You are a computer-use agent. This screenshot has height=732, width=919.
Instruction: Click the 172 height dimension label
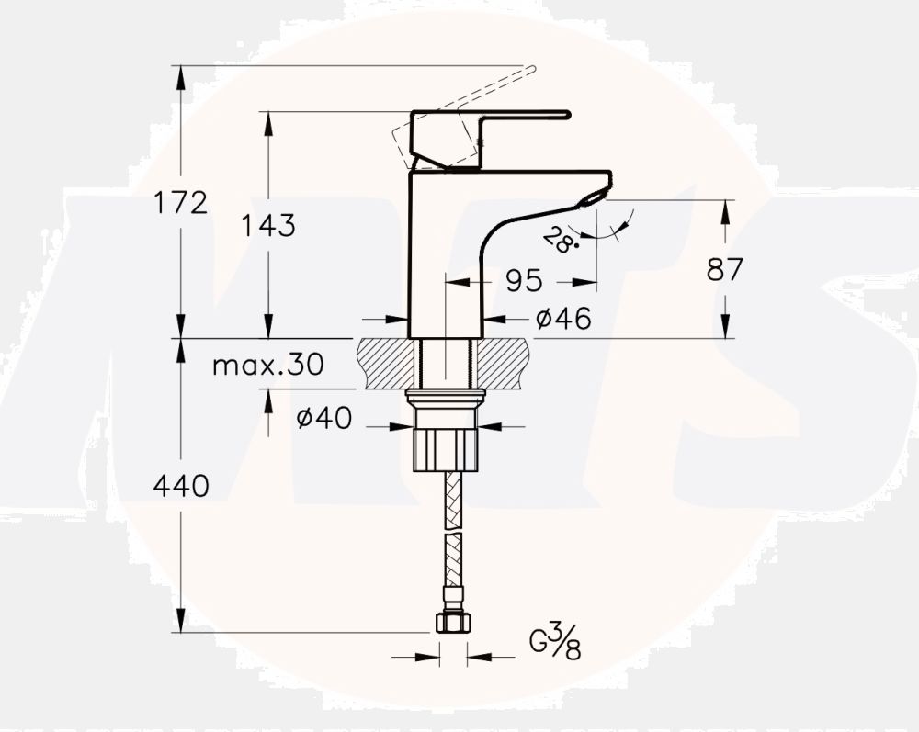(x=182, y=202)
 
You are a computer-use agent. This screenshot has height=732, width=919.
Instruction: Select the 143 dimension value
(x=269, y=224)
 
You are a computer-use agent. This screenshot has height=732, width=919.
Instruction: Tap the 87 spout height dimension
(x=725, y=269)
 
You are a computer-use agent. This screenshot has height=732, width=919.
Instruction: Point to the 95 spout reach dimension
(x=524, y=280)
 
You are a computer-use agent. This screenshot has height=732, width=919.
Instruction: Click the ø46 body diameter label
(x=562, y=319)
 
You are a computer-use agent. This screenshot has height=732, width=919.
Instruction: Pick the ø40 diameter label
(x=323, y=419)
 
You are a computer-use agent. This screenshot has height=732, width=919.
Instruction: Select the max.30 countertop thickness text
(x=267, y=366)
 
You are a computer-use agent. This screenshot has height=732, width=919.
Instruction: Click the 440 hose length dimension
(x=182, y=485)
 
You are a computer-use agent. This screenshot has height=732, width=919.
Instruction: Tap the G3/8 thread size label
(x=555, y=641)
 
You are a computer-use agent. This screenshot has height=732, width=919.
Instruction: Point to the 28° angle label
(x=560, y=240)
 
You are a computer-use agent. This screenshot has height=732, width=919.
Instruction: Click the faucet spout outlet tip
(x=592, y=194)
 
